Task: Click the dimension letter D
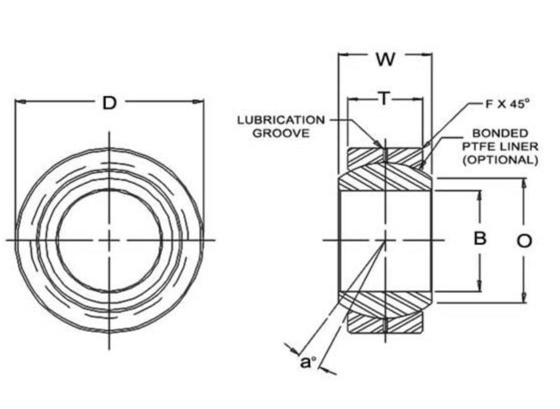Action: (x=109, y=102)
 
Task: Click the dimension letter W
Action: (x=384, y=59)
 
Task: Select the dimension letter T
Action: (x=384, y=99)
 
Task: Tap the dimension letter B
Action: (x=480, y=238)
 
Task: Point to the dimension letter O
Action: (x=524, y=241)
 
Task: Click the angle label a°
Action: (x=308, y=362)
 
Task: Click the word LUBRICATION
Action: (x=281, y=120)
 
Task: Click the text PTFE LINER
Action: (x=500, y=146)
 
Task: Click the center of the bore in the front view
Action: (x=109, y=239)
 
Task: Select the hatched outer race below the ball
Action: (x=384, y=324)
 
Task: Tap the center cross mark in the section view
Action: (x=385, y=239)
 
